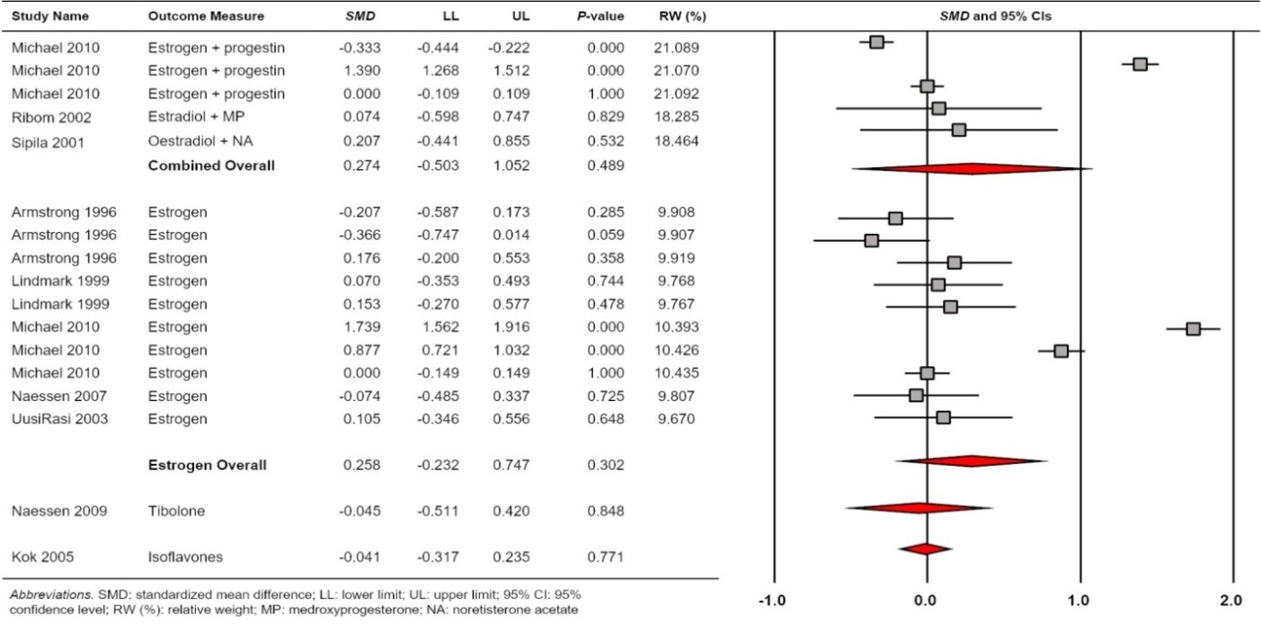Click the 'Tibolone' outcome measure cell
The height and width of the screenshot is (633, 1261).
[176, 511]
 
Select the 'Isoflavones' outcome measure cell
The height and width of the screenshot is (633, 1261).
[182, 557]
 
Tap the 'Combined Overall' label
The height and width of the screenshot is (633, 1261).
[211, 165]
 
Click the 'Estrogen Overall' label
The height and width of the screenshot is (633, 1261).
[207, 465]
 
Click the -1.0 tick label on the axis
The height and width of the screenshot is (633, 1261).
[773, 600]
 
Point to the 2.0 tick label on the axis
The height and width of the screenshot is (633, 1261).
[1231, 600]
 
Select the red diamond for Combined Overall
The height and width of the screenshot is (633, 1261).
[971, 168]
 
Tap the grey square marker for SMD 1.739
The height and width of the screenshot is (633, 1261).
[1193, 329]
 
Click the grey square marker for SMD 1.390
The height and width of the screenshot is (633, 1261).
[1140, 64]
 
